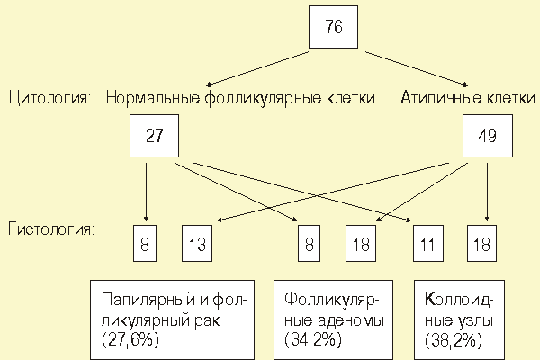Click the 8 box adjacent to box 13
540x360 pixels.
coord(147,243)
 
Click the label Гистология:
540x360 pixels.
coord(50,229)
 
